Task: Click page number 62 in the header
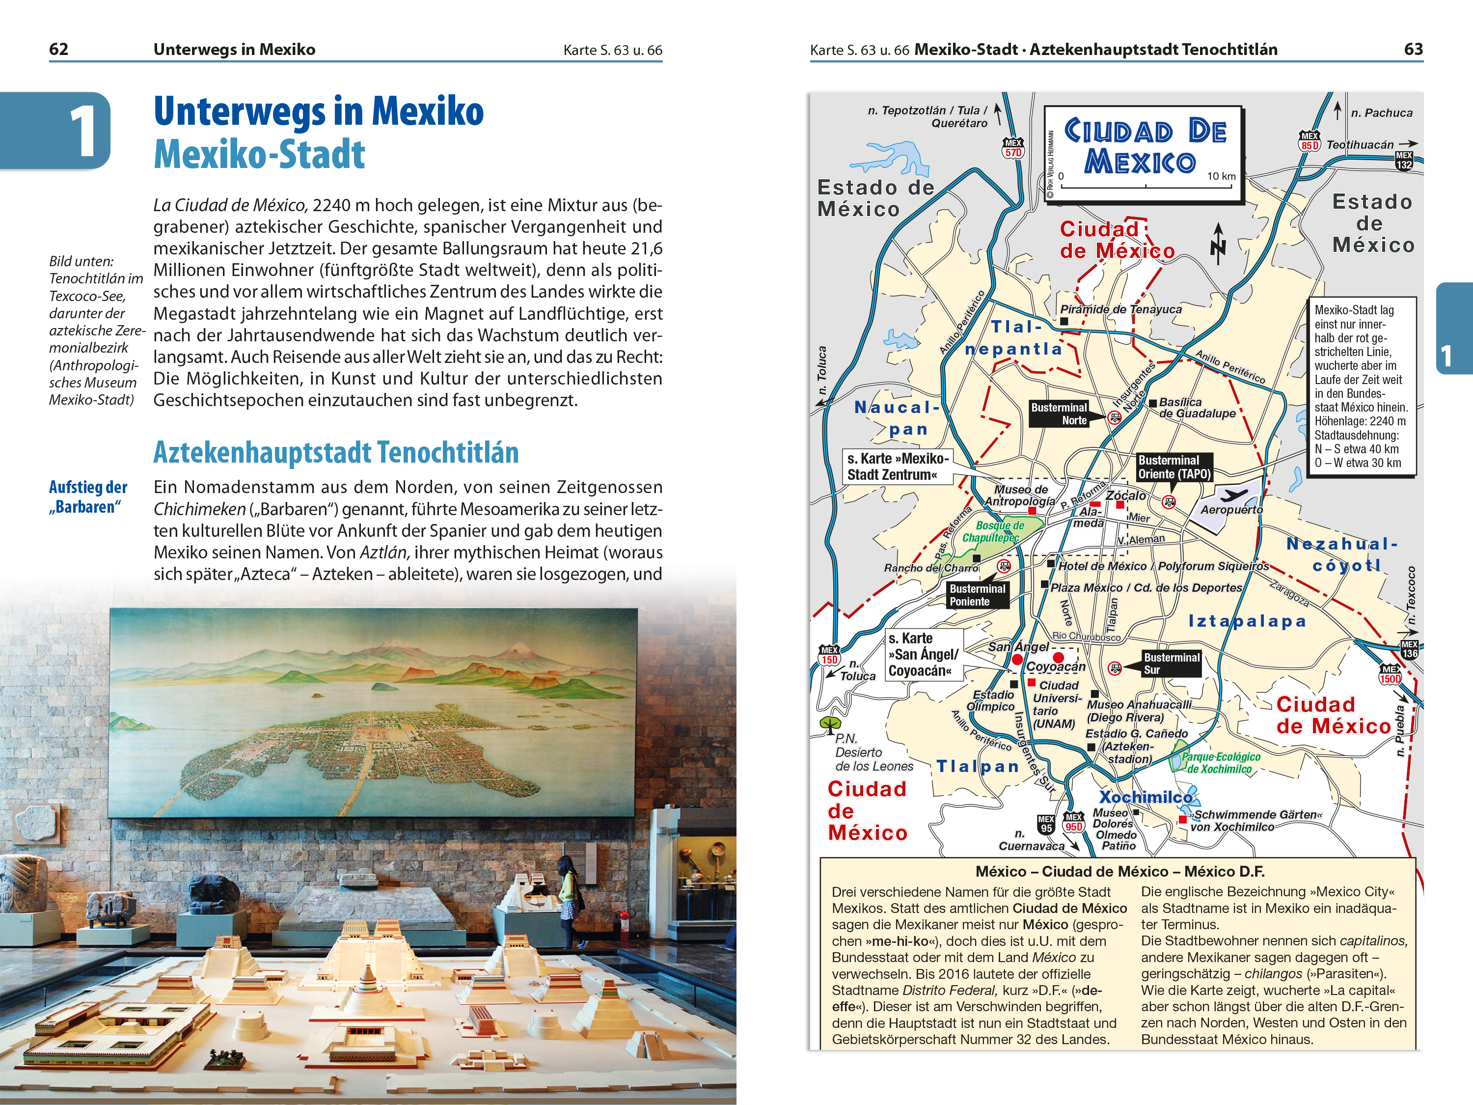(x=58, y=49)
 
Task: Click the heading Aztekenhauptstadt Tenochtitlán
(x=336, y=453)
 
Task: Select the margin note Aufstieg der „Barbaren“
(x=88, y=497)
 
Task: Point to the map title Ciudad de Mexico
(x=1144, y=146)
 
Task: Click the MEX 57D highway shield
(x=1013, y=148)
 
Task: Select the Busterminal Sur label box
(x=1172, y=663)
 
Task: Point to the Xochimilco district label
(x=1146, y=797)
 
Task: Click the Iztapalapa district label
(x=1247, y=621)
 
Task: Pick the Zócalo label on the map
(x=1125, y=496)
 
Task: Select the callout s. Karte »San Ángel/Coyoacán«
(x=923, y=655)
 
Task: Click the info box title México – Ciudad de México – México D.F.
(x=1119, y=871)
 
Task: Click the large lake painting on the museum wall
(x=373, y=713)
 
